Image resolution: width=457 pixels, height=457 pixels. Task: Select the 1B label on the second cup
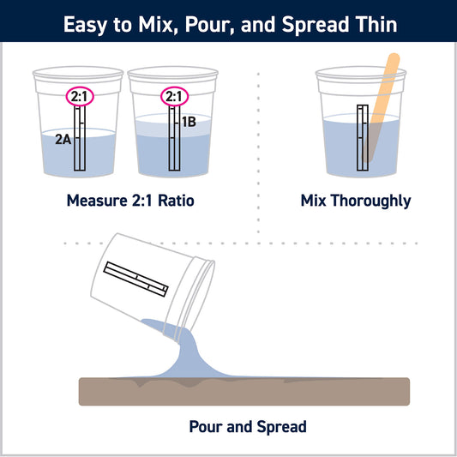click(x=189, y=122)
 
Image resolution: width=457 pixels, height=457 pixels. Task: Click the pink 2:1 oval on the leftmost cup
click(x=80, y=97)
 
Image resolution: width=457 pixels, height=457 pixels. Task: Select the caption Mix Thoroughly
click(x=356, y=201)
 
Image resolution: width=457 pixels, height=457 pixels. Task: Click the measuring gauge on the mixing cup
click(x=362, y=135)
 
